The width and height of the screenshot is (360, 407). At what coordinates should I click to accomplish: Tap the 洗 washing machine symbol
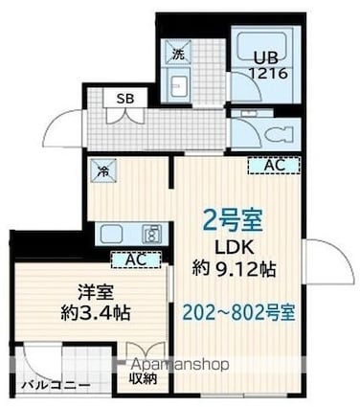point(178,55)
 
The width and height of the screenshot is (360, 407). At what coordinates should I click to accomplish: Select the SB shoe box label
point(125,98)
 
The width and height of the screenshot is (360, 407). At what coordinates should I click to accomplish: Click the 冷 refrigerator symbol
point(102,172)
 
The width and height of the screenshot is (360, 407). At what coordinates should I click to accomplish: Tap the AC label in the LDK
point(273,166)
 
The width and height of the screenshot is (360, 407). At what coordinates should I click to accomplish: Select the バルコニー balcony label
point(56,387)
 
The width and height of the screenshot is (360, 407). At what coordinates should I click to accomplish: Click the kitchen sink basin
point(111,234)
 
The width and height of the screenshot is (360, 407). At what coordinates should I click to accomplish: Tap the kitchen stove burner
point(151,234)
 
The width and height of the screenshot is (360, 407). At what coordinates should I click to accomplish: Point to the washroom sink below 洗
point(180,87)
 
